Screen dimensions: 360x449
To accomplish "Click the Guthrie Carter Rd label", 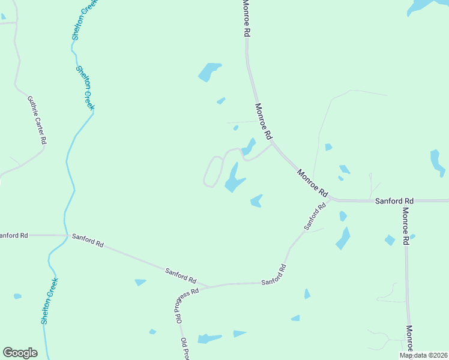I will click(37, 120).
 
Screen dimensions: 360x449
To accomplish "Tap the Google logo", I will click(20, 353).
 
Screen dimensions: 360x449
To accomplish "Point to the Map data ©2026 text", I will click(423, 355).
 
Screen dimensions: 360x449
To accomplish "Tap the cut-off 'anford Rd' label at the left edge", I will click(14, 235).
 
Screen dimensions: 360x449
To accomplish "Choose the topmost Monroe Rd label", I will click(246, 18).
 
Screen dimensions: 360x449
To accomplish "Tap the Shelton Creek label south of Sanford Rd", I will click(50, 300).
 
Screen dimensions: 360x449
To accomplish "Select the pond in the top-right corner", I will click(423, 6).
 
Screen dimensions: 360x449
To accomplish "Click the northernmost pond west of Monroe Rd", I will click(209, 71).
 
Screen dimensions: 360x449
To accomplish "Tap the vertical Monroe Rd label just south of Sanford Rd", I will click(406, 226).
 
